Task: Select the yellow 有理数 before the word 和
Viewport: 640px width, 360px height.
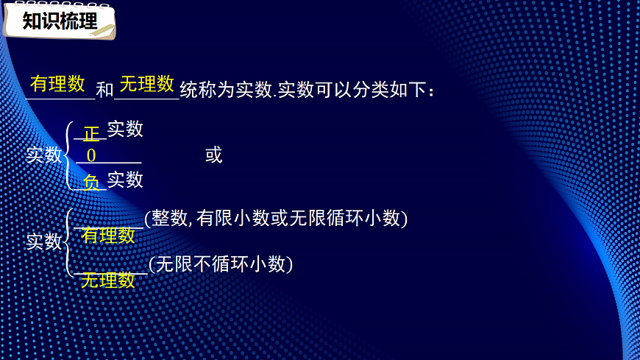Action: click(58, 84)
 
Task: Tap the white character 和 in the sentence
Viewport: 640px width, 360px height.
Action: click(105, 90)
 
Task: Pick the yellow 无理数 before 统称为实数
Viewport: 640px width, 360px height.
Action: click(146, 84)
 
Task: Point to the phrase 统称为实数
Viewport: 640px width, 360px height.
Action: click(225, 90)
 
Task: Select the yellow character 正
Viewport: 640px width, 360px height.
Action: click(91, 134)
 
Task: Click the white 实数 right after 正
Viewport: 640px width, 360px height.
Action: click(125, 130)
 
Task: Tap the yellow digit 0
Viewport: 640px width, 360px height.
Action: click(91, 155)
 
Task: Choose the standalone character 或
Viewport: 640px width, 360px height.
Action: click(213, 155)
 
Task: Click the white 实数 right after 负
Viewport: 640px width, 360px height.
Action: click(125, 180)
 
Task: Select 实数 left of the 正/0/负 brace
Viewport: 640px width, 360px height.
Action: click(44, 155)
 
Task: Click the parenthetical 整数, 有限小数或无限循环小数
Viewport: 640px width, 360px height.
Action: click(277, 218)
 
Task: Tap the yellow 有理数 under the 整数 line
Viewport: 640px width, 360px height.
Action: click(108, 236)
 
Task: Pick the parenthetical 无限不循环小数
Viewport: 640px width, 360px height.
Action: click(221, 264)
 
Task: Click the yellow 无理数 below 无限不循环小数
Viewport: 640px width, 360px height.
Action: click(107, 280)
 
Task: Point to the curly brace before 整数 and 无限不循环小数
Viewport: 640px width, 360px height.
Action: click(68, 241)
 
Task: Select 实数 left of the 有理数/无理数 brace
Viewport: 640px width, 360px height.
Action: click(44, 241)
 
